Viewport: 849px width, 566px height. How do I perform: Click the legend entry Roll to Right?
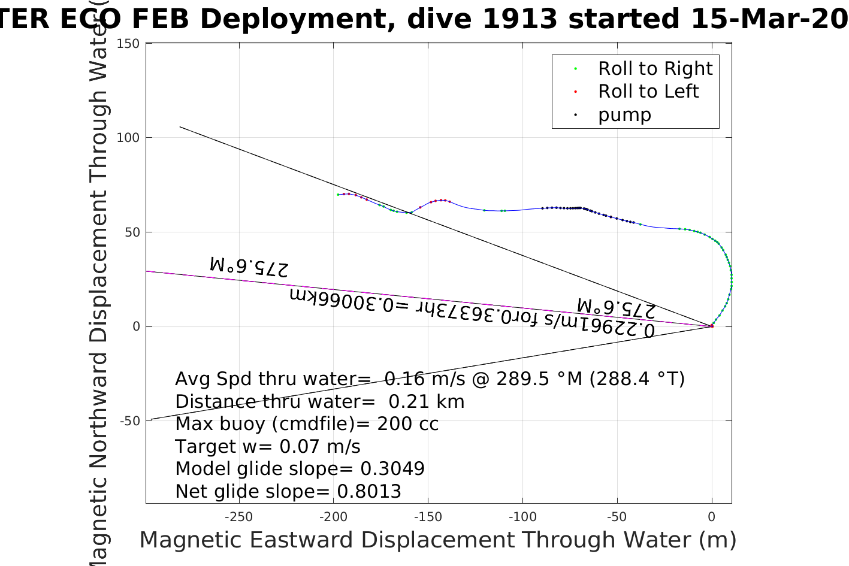[655, 69]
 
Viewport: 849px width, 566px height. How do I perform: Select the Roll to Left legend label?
[648, 92]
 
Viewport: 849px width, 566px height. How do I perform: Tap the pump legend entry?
[624, 115]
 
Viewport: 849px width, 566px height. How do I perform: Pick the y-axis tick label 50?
[132, 232]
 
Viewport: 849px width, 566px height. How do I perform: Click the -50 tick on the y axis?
[130, 421]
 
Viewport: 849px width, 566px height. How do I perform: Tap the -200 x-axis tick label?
[333, 517]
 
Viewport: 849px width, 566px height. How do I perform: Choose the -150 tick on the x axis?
[428, 517]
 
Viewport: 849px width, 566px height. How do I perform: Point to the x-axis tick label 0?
[712, 517]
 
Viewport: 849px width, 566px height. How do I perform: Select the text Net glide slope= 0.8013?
[288, 492]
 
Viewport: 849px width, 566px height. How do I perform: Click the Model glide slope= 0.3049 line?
[300, 469]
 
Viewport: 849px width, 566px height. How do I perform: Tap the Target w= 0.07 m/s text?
[268, 447]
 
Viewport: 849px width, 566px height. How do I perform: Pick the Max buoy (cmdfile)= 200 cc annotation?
[307, 424]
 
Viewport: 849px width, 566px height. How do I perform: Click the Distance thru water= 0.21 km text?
[319, 401]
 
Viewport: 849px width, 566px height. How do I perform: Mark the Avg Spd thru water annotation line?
[430, 379]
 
